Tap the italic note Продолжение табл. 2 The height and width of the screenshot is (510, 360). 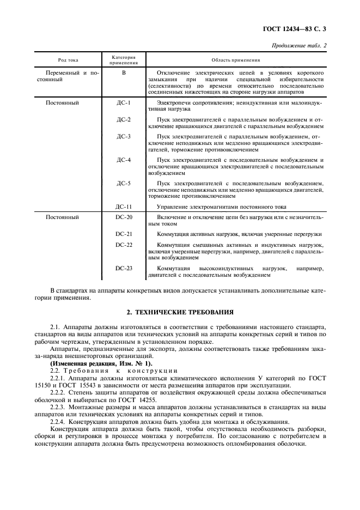click(299, 45)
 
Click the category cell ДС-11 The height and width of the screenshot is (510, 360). click(124, 207)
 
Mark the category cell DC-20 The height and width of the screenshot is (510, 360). click(124, 217)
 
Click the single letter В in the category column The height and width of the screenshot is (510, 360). click(124, 72)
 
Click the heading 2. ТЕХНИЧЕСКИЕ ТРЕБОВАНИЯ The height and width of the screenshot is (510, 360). click(180, 312)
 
